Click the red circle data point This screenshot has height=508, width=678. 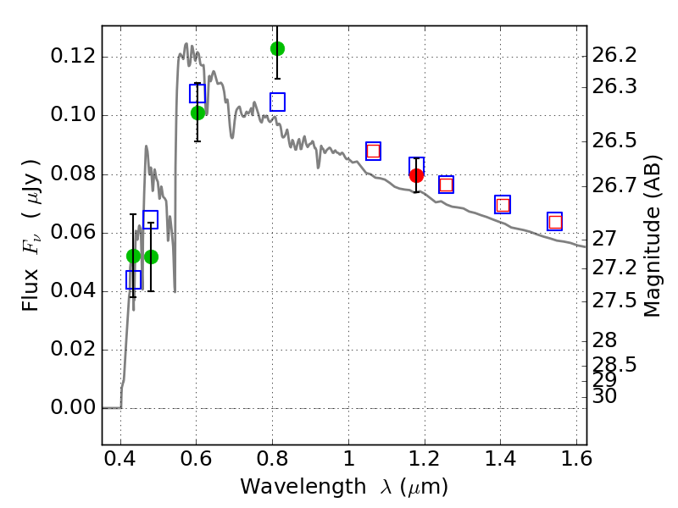[x=416, y=175]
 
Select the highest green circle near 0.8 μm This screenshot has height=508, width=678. [x=277, y=48]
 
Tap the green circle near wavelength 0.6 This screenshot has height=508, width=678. [x=198, y=113]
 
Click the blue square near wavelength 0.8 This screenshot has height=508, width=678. [x=277, y=102]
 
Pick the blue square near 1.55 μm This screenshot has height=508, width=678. [x=555, y=222]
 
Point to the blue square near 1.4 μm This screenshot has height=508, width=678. [x=503, y=204]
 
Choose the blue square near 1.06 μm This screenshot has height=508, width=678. [x=373, y=151]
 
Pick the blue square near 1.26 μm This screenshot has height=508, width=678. [x=446, y=185]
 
